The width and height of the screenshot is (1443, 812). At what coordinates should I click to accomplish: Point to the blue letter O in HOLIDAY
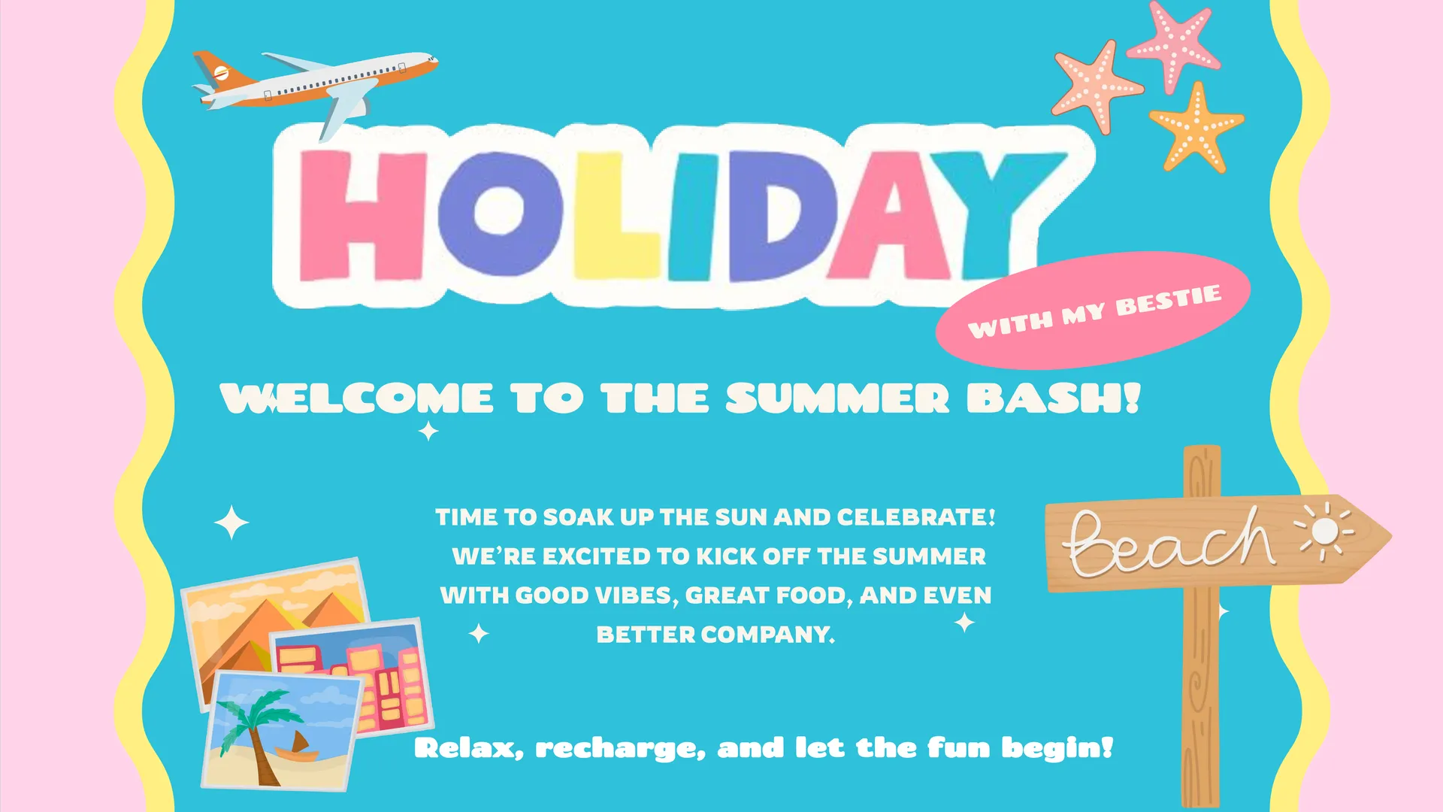coord(500,215)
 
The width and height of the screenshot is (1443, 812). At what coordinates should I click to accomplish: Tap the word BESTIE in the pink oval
coord(1169,300)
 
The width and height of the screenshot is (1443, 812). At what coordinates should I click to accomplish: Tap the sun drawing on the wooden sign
coord(1325,531)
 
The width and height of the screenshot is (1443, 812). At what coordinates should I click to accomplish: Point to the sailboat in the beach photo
coord(298,746)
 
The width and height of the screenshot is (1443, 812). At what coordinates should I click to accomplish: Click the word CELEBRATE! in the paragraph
coord(916,517)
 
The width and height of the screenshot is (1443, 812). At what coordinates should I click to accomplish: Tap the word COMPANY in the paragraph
coord(768,635)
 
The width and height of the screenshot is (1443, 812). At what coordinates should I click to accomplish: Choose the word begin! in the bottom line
coord(1057,749)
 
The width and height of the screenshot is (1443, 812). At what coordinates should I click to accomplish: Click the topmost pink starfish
coord(1173,44)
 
